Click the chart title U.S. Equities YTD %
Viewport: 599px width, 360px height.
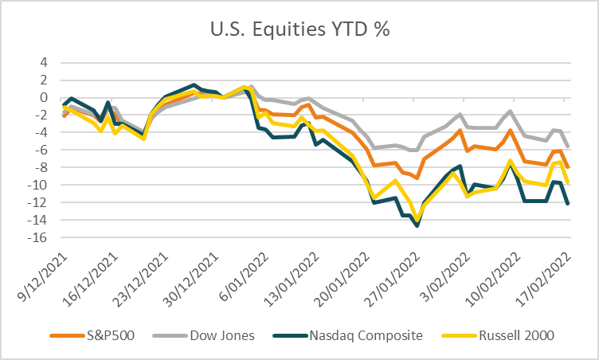299,29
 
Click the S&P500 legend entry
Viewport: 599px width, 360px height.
92,335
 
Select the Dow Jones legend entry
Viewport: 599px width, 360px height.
203,335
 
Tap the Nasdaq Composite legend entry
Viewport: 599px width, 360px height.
348,335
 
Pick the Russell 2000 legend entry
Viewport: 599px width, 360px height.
498,335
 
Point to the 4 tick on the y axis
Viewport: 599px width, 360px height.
44,62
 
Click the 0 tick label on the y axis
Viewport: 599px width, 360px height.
44,97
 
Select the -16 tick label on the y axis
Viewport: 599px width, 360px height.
37,237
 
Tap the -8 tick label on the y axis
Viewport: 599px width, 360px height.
41,167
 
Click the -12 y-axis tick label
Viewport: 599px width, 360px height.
37,202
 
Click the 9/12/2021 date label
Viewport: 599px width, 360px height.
43,277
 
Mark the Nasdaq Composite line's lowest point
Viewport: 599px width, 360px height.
417,226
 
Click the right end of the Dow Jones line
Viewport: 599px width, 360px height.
569,147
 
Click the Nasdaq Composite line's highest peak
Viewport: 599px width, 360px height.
194,85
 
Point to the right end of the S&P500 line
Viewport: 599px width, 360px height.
569,167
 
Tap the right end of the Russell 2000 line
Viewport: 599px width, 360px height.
569,182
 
